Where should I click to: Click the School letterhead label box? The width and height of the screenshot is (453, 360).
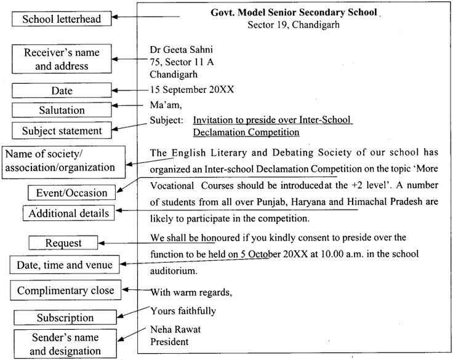click(62, 20)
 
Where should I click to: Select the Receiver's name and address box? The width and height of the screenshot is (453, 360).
click(62, 60)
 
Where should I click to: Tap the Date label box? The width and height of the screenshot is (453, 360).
click(62, 90)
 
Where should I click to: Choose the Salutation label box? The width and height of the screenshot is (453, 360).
click(62, 110)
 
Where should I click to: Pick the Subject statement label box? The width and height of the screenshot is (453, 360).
click(62, 130)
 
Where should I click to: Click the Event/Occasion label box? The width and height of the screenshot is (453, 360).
click(71, 193)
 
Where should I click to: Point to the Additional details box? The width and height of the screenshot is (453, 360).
click(70, 214)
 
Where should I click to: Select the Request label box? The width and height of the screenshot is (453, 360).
click(63, 243)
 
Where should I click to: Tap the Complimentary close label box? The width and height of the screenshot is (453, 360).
click(65, 290)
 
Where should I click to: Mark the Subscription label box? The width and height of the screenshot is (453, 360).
click(65, 318)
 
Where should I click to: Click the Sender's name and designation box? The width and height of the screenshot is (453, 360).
click(65, 345)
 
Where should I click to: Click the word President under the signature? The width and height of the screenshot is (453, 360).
click(169, 341)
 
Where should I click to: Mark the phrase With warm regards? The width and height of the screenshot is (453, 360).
click(190, 291)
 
